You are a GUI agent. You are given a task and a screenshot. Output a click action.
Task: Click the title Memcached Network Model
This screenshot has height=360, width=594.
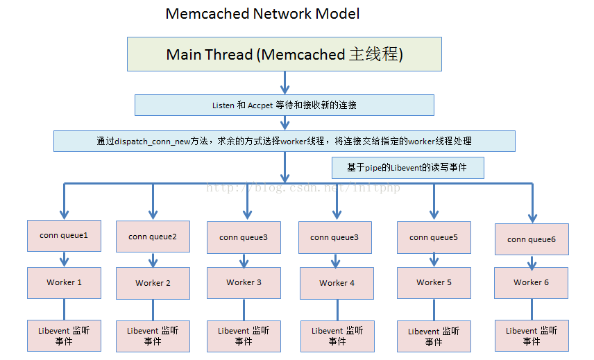pyautogui.click(x=262, y=14)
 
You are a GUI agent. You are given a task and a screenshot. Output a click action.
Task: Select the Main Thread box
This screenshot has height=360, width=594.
pyautogui.click(x=284, y=54)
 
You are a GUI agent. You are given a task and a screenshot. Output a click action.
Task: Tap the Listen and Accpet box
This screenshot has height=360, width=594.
pyautogui.click(x=284, y=105)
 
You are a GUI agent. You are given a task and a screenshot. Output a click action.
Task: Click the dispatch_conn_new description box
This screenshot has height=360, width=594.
pyautogui.click(x=284, y=141)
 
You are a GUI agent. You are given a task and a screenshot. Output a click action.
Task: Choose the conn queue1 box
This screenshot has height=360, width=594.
pyautogui.click(x=64, y=236)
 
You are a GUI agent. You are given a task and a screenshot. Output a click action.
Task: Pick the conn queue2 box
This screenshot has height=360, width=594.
pyautogui.click(x=153, y=237)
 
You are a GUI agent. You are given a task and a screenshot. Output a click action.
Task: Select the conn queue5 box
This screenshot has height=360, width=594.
pyautogui.click(x=434, y=237)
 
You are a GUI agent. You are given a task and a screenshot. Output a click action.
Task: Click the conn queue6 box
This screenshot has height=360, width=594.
pyautogui.click(x=532, y=239)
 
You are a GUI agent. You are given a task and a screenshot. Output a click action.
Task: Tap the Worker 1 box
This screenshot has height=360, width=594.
pyautogui.click(x=64, y=283)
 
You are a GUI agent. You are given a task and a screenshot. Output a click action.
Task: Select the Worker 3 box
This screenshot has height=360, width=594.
pyautogui.click(x=244, y=283)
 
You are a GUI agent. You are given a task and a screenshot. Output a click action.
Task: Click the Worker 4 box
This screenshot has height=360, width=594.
pyautogui.click(x=337, y=283)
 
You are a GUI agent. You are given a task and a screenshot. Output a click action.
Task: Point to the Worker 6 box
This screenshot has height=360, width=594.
pyautogui.click(x=532, y=283)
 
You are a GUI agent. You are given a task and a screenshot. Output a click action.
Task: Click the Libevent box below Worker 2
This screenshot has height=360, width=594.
pyautogui.click(x=153, y=336)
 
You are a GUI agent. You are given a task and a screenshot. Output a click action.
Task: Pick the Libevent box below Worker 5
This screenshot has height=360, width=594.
pyautogui.click(x=434, y=336)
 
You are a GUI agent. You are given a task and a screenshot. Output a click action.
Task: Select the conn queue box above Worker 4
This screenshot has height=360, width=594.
pyautogui.click(x=335, y=237)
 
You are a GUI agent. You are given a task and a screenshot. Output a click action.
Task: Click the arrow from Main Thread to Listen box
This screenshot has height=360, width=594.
pyautogui.click(x=285, y=83)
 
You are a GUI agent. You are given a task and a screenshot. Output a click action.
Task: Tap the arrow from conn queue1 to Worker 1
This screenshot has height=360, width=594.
pyautogui.click(x=65, y=259)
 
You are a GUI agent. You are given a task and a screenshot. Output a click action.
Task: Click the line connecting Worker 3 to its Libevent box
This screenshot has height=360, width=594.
pyautogui.click(x=244, y=309)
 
